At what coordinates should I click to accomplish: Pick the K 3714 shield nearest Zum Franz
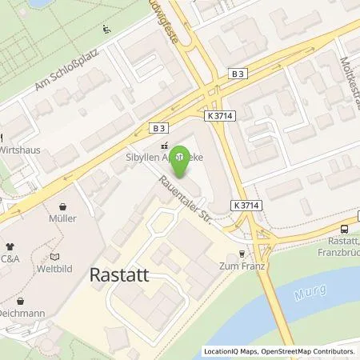249,206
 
